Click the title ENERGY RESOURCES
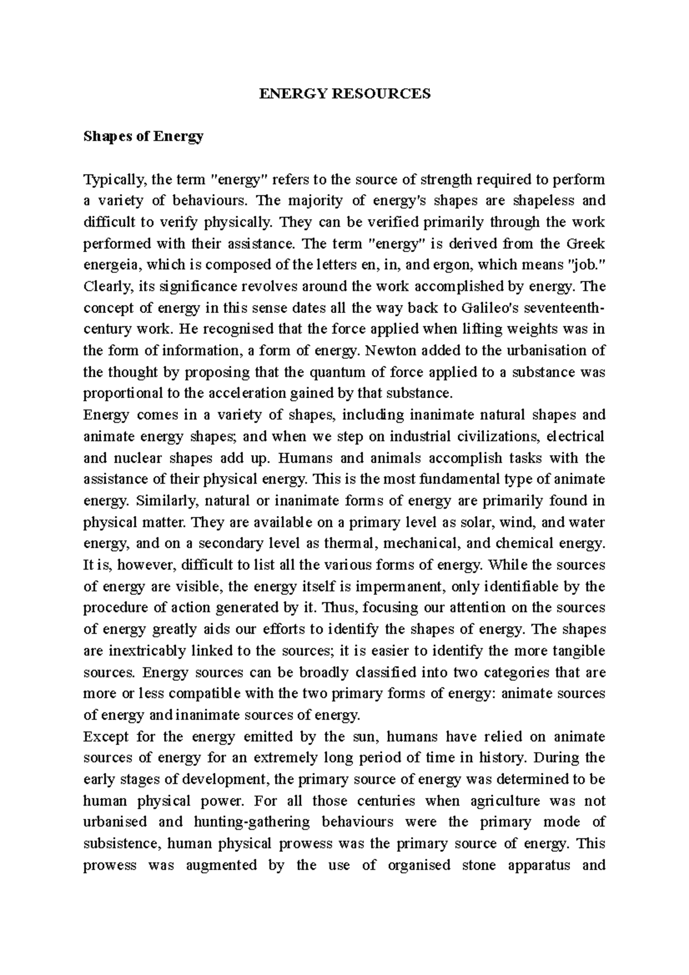344,94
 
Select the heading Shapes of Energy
144,137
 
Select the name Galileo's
490,308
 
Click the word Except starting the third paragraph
104,737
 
